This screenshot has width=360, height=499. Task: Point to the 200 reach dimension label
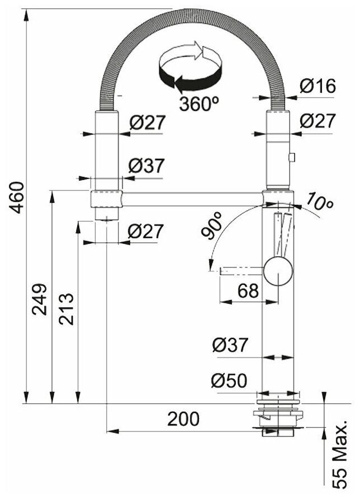pyautogui.click(x=183, y=418)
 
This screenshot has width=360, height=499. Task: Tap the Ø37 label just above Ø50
pyautogui.click(x=229, y=345)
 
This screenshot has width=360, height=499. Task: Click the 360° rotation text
pyautogui.click(x=199, y=103)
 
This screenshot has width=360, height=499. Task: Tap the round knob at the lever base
pyautogui.click(x=277, y=271)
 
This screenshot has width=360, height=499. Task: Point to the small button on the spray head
pyautogui.click(x=291, y=158)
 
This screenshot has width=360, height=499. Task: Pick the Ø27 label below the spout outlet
pyautogui.click(x=145, y=231)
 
